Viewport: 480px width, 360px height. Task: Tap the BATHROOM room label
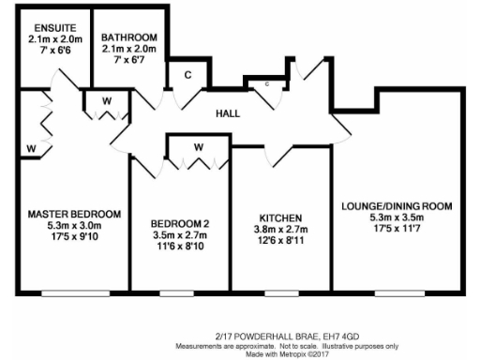click(129, 37)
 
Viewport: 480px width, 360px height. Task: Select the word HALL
click(228, 113)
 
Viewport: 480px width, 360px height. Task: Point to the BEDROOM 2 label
click(179, 223)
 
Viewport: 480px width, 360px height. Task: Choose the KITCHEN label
click(278, 217)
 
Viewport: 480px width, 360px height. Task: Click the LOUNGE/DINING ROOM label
click(397, 205)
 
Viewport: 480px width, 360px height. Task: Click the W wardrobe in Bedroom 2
click(199, 148)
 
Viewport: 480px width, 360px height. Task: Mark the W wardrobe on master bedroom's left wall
click(31, 148)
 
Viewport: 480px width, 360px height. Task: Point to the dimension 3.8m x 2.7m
click(278, 230)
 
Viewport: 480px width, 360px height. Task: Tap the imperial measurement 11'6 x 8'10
click(180, 247)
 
